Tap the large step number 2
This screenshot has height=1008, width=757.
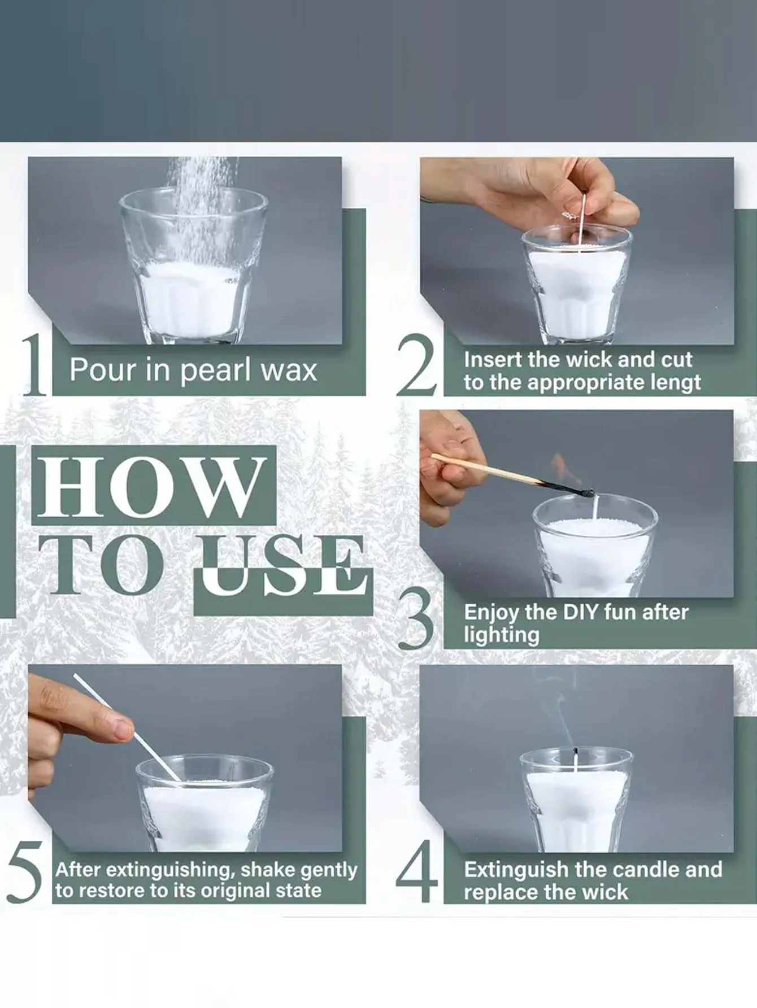coord(417,364)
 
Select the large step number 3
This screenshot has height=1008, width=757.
coord(417,618)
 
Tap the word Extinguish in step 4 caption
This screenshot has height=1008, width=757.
coord(516,870)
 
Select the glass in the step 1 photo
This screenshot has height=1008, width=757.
coord(193,265)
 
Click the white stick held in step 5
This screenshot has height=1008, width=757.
coord(127,728)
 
